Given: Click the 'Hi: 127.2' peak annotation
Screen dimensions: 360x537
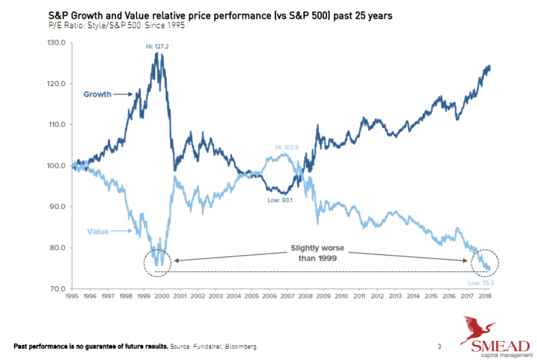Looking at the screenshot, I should [x=155, y=46].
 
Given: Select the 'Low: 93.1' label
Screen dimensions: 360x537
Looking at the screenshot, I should [x=279, y=200].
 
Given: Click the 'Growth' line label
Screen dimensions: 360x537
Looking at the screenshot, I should [x=97, y=94].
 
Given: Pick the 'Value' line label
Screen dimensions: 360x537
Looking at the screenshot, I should [x=97, y=232].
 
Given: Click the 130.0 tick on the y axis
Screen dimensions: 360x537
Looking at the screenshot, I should [x=56, y=43].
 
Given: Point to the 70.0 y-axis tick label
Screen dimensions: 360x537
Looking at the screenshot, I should [x=56, y=289].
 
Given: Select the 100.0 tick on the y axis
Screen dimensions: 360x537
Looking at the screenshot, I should [x=56, y=166].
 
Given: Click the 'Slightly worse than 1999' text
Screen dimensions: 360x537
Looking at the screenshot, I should [x=317, y=253].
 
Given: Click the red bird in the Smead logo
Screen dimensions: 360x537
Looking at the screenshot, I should [x=478, y=329].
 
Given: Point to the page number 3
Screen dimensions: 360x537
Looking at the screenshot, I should [x=439, y=347].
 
